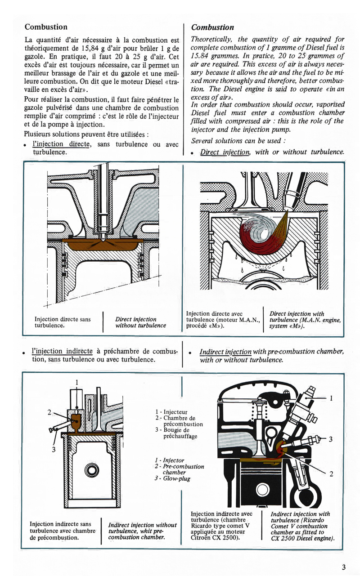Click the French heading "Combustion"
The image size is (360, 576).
click(46, 27)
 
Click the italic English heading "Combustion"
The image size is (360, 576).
click(212, 27)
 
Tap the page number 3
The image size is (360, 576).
click(343, 567)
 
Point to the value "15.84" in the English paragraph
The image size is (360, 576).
click(201, 56)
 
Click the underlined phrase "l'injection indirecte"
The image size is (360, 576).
click(62, 351)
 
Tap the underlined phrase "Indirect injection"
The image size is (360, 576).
click(225, 352)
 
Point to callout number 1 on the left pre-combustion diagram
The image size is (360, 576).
click(77, 383)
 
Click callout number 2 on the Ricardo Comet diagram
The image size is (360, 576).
click(331, 473)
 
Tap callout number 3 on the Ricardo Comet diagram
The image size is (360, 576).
click(330, 439)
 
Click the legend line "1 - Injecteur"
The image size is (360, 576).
click(171, 411)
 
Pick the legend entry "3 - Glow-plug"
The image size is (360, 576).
click(172, 479)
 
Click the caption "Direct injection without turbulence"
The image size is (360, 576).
click(140, 322)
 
